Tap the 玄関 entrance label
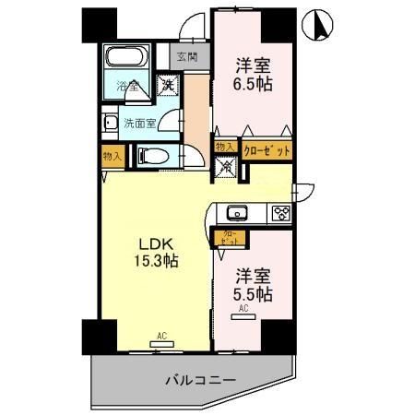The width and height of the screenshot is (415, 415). tap(187, 57)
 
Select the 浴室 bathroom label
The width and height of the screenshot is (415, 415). tap(127, 88)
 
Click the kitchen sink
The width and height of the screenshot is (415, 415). tap(237, 214)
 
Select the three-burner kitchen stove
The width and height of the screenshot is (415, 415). tap(280, 214)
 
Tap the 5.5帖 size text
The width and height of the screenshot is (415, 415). tap(252, 294)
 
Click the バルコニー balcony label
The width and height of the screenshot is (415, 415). tap(201, 379)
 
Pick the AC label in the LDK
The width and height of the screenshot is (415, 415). tap(161, 336)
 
